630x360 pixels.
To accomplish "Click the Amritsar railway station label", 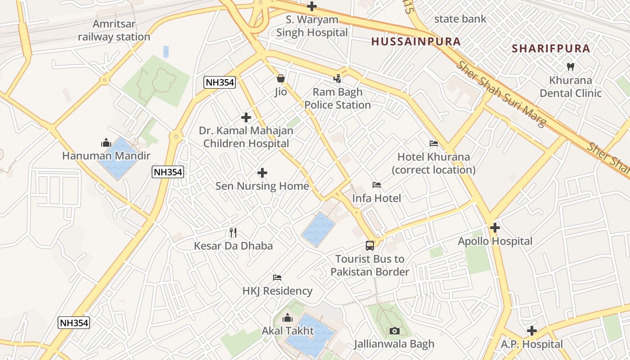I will pyautogui.click(x=114, y=30).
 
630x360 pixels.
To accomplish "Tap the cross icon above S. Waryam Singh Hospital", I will pyautogui.click(x=311, y=6).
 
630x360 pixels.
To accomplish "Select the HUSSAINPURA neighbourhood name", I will pyautogui.click(x=416, y=42).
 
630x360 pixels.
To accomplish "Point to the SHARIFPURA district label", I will pyautogui.click(x=551, y=49).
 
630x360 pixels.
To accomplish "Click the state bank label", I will pyautogui.click(x=460, y=19).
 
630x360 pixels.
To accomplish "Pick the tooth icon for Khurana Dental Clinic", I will pyautogui.click(x=571, y=67).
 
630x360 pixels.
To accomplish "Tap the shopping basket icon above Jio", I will pyautogui.click(x=281, y=79).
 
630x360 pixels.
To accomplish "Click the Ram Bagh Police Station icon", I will pyautogui.click(x=337, y=79).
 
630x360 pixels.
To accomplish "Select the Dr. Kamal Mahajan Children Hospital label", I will pyautogui.click(x=246, y=137).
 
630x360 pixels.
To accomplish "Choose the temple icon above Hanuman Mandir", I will pyautogui.click(x=106, y=143).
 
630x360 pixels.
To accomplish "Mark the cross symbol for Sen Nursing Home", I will pyautogui.click(x=262, y=173).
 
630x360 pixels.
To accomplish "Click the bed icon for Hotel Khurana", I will pyautogui.click(x=434, y=144).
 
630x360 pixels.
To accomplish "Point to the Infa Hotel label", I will pyautogui.click(x=376, y=198).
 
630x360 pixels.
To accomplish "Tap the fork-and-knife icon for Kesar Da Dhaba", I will pyautogui.click(x=233, y=233).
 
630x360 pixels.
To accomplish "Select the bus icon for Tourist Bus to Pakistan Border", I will pyautogui.click(x=370, y=246).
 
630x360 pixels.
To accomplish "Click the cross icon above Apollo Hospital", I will pyautogui.click(x=495, y=228).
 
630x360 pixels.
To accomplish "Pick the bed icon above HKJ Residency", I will pyautogui.click(x=277, y=278).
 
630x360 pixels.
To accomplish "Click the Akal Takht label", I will pyautogui.click(x=288, y=331).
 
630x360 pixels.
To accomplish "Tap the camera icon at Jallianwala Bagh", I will pyautogui.click(x=394, y=331).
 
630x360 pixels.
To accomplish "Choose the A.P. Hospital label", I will pyautogui.click(x=532, y=345).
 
